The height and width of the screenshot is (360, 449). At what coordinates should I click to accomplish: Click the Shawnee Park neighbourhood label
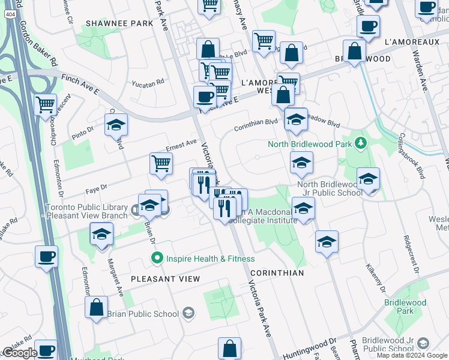[x=120, y=23]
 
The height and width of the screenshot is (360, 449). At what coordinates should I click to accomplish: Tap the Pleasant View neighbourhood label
[x=164, y=279]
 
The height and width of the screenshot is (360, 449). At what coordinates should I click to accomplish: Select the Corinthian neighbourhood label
[x=277, y=272]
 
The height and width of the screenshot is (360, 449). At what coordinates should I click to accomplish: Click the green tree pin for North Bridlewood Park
[x=360, y=143]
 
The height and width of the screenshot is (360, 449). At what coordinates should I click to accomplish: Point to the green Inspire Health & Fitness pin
[x=157, y=259]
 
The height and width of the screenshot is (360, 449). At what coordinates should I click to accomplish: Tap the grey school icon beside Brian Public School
[x=188, y=313]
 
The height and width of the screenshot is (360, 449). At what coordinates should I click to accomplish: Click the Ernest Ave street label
[x=181, y=145]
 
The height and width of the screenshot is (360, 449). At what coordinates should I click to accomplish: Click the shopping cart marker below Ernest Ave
[x=161, y=164]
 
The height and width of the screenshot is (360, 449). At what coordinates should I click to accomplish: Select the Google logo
[x=20, y=353]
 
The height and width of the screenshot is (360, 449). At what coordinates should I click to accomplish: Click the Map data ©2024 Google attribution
[x=412, y=355]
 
